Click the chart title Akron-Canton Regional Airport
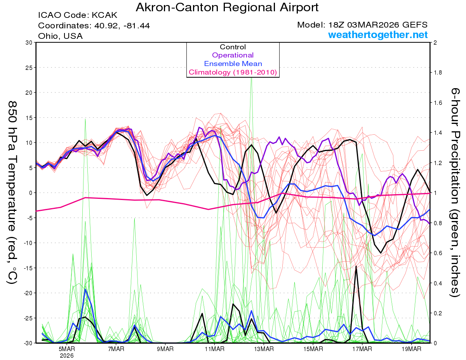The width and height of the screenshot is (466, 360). [x=227, y=7]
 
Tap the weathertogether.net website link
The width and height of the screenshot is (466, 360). [x=378, y=35]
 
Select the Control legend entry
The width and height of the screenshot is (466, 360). [x=233, y=47]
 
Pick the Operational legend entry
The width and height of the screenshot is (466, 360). [x=233, y=55]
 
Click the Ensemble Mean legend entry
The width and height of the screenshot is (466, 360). [x=233, y=64]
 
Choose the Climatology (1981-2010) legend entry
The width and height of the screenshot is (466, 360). [x=233, y=72]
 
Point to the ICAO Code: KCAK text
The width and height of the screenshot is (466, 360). [x=78, y=16]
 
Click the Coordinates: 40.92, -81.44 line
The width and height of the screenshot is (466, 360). [x=94, y=26]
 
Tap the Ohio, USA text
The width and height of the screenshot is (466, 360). [x=60, y=36]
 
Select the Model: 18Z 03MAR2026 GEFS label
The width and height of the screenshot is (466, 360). [x=362, y=25]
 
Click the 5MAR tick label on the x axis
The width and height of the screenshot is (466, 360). [x=67, y=349]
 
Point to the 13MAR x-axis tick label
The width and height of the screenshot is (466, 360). [x=264, y=349]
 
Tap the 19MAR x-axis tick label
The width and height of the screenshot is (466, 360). [x=411, y=349]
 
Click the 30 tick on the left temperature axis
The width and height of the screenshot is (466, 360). [x=28, y=43]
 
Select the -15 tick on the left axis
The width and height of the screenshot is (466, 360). [x=27, y=268]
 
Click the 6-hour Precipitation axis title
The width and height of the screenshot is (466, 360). [x=455, y=192]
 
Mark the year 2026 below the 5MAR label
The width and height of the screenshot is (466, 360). [x=67, y=355]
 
